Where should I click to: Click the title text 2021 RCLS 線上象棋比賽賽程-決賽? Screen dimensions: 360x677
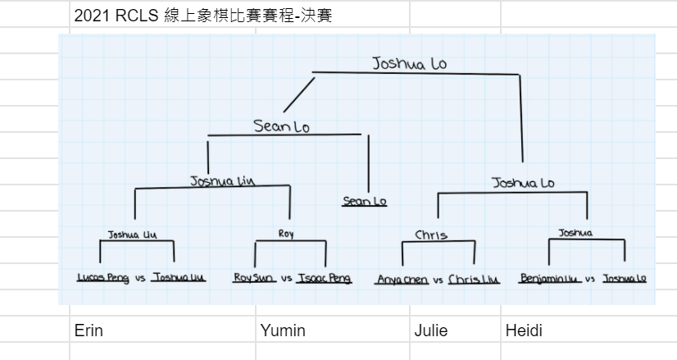pos(202,15)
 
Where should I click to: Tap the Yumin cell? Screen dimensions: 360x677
pos(282,330)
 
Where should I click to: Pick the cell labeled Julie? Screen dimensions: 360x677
pos(431,330)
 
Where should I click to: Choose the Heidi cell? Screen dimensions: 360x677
pos(524,330)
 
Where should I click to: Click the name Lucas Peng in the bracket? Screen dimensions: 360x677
pos(102,278)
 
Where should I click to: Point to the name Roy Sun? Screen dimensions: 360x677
pos(253,278)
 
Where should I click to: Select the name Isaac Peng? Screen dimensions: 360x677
pos(324,278)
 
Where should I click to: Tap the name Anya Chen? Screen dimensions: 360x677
pos(402,280)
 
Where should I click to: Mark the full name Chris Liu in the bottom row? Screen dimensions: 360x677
pos(474,280)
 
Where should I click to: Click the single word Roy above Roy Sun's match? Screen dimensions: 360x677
pos(286,234)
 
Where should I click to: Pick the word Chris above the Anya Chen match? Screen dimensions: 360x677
pos(431,235)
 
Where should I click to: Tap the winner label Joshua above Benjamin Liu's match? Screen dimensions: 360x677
pos(575,233)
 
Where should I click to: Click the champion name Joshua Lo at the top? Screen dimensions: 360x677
pos(409,62)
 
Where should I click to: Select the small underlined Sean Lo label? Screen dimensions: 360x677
pos(365,201)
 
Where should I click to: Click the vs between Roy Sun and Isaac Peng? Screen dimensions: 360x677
pos(287,279)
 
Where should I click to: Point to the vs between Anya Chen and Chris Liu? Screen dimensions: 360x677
pos(438,280)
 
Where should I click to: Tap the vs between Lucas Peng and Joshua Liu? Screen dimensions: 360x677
pos(140,279)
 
